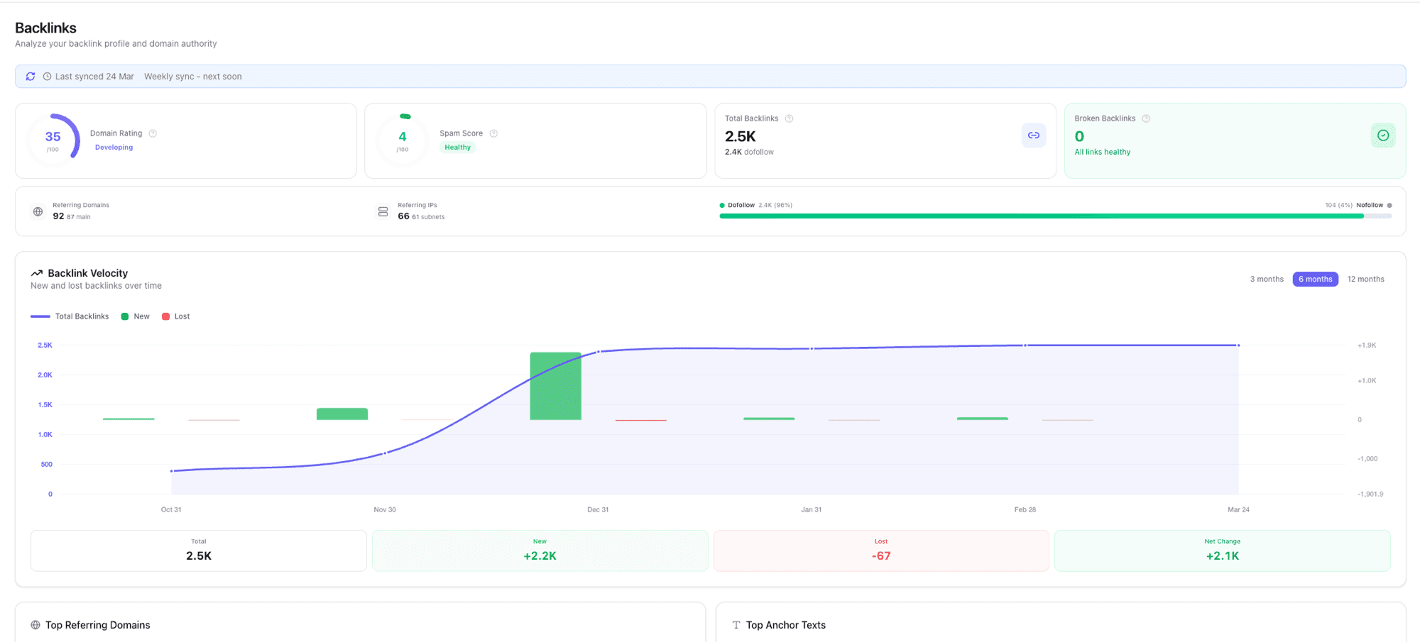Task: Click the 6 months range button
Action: pyautogui.click(x=1315, y=279)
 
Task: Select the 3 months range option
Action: pyautogui.click(x=1267, y=279)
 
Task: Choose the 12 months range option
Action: pyautogui.click(x=1365, y=279)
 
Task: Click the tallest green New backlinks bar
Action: pyautogui.click(x=555, y=386)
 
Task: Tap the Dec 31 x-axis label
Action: pyautogui.click(x=598, y=509)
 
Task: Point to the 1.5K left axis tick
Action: pyautogui.click(x=45, y=404)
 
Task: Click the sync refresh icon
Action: pyautogui.click(x=31, y=77)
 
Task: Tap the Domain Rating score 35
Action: pyautogui.click(x=53, y=137)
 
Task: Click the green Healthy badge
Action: pyautogui.click(x=457, y=148)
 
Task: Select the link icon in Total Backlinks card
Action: pyautogui.click(x=1034, y=135)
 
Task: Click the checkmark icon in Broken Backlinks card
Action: pyautogui.click(x=1382, y=135)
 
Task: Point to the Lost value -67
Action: pyautogui.click(x=880, y=556)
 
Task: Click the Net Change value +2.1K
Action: pyautogui.click(x=1222, y=556)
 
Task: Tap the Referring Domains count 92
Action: pyautogui.click(x=58, y=216)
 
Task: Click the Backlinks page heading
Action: pyautogui.click(x=45, y=28)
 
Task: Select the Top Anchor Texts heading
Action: pyautogui.click(x=785, y=625)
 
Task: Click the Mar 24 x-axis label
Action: pyautogui.click(x=1238, y=509)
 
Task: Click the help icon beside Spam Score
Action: pyautogui.click(x=493, y=133)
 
